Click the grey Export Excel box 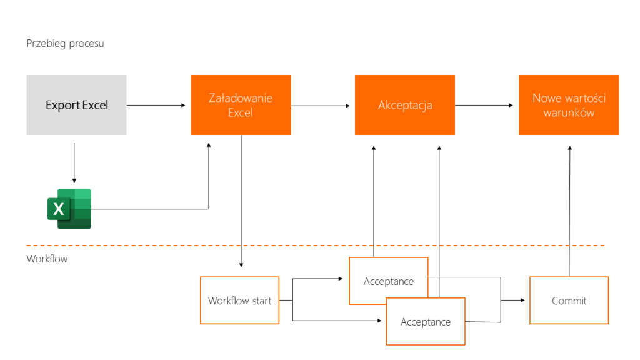coord(76,105)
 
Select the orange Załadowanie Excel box coord(241,105)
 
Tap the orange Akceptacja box coord(405,105)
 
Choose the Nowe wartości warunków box coord(569,105)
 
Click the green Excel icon coord(69,209)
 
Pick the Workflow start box coord(239,301)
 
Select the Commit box coord(569,301)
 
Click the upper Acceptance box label coord(389,281)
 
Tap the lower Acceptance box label coord(426,322)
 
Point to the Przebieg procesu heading coord(65,44)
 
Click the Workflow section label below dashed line coord(47,259)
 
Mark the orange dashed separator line coord(316,246)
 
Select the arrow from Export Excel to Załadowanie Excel coord(156,105)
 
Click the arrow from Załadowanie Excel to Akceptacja coord(321,106)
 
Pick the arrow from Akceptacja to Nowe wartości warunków coord(484,105)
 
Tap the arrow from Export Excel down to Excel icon coord(74,162)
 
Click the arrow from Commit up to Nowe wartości coord(570,211)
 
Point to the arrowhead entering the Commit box coord(522,301)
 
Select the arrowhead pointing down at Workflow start coord(241,265)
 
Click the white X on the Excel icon coord(59,209)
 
